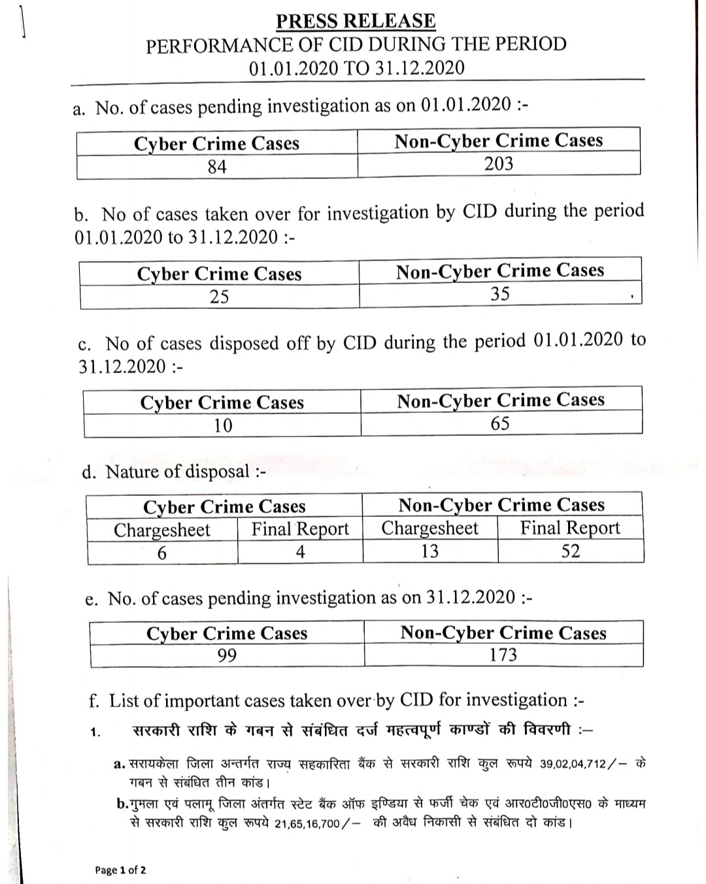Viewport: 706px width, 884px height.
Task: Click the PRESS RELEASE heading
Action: tap(356, 21)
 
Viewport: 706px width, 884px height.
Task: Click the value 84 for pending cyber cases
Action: tap(217, 167)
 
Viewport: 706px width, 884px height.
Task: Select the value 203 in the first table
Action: tap(498, 163)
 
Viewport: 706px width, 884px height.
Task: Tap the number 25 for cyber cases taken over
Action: tap(219, 297)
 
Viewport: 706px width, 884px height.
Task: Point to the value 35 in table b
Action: tap(500, 294)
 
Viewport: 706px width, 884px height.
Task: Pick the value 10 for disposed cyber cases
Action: tap(222, 425)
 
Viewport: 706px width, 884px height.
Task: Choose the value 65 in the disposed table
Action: tap(500, 423)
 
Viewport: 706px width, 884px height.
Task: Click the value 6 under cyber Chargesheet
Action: tap(161, 553)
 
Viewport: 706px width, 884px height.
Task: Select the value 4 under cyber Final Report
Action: tap(300, 552)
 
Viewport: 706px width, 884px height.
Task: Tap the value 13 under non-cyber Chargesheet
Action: tap(429, 551)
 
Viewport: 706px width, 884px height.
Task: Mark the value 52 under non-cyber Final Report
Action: tap(571, 551)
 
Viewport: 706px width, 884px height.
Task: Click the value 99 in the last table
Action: tap(227, 655)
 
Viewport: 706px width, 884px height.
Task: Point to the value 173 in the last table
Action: tap(503, 654)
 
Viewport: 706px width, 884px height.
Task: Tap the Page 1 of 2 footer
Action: tap(120, 870)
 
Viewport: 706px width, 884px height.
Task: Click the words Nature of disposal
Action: tap(178, 472)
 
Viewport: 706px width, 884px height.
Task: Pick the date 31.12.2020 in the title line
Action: tap(420, 68)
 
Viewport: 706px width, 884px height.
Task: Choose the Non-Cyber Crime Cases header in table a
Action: tap(498, 140)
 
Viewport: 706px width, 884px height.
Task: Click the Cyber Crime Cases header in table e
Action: tap(227, 633)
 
